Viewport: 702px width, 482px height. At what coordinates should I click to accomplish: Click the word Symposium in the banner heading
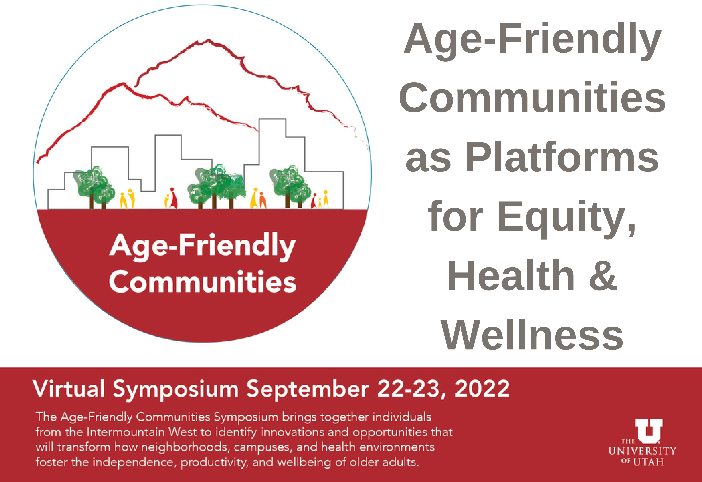coord(176,390)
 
